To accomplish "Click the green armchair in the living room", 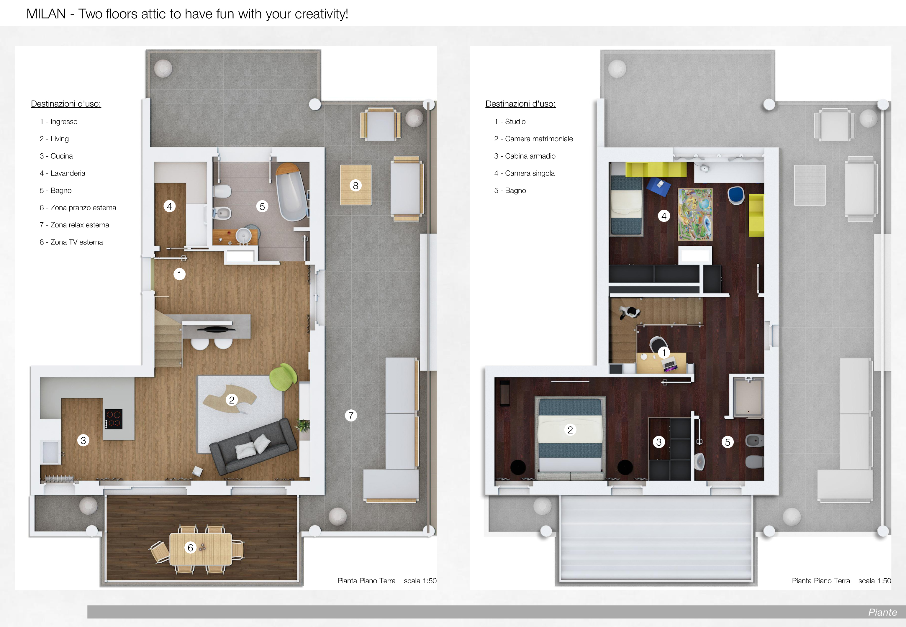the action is (283, 377).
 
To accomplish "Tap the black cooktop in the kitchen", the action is (114, 419).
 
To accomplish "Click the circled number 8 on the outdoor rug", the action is (355, 186).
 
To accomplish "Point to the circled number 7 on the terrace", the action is (351, 415).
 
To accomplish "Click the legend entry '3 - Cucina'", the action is (56, 156).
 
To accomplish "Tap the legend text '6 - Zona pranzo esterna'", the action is (78, 207).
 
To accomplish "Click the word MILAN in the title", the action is (46, 14).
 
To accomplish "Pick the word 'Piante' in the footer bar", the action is (882, 612).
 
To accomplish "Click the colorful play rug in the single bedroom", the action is (695, 214).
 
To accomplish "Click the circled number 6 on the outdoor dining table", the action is (191, 548).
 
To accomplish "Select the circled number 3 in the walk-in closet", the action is (659, 442).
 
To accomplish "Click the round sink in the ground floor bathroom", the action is (244, 235).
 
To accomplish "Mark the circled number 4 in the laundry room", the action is (169, 206).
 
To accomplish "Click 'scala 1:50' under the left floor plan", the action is (420, 581).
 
